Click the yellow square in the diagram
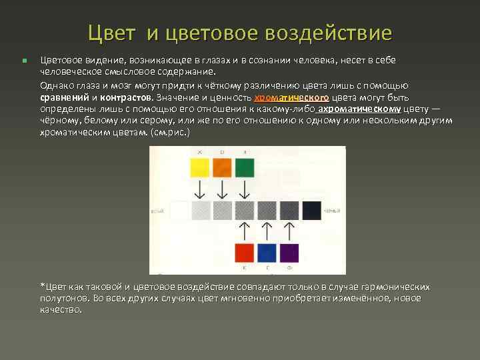199,167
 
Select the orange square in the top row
222,167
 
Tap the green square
245,167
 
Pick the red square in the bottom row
245,253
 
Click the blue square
267,253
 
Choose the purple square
289,253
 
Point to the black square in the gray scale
312,211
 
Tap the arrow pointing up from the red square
245,231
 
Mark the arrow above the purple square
289,231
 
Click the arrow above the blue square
267,231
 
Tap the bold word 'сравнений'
65,97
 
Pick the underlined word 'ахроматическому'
360,109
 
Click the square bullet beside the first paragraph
23,61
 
